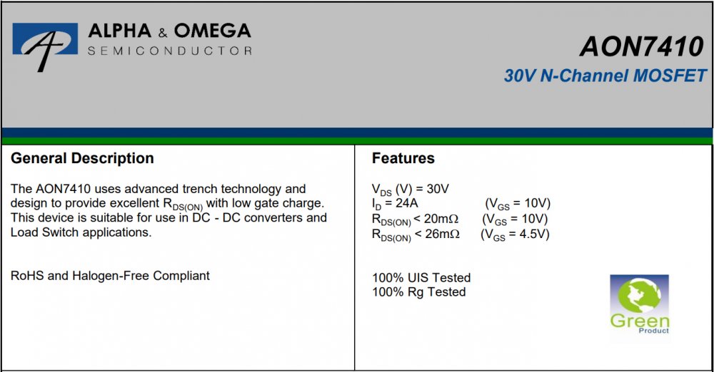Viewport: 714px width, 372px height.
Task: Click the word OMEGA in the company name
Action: [212, 31]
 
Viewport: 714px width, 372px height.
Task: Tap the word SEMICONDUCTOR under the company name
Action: [169, 51]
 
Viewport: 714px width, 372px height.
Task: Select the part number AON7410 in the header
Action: [642, 46]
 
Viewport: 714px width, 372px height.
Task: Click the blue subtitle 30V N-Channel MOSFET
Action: [605, 76]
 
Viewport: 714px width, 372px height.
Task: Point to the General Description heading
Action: [82, 158]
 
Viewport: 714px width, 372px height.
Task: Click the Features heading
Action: [403, 158]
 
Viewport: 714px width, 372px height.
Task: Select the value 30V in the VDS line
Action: [438, 189]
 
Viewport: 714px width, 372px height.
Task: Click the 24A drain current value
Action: [407, 203]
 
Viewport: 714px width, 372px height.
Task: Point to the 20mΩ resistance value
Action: [441, 219]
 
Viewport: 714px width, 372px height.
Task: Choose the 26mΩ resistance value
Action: [442, 234]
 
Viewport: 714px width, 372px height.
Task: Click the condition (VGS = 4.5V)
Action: [515, 234]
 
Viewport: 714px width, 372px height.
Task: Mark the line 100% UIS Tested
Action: [421, 277]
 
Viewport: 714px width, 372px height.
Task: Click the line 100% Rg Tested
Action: [419, 292]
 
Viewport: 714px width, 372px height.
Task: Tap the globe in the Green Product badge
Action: [639, 296]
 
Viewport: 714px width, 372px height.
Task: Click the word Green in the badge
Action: [640, 321]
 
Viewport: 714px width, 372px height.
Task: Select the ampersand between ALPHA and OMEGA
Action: [163, 33]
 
